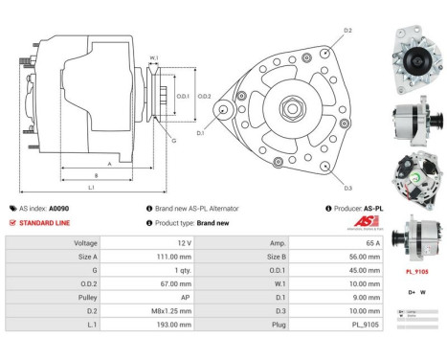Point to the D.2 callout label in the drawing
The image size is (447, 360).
346,32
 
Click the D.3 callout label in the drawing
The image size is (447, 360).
346,188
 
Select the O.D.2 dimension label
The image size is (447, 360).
204,96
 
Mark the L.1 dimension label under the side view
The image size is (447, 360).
90,187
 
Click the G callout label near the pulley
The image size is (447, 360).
173,141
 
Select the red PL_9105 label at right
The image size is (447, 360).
417,272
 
